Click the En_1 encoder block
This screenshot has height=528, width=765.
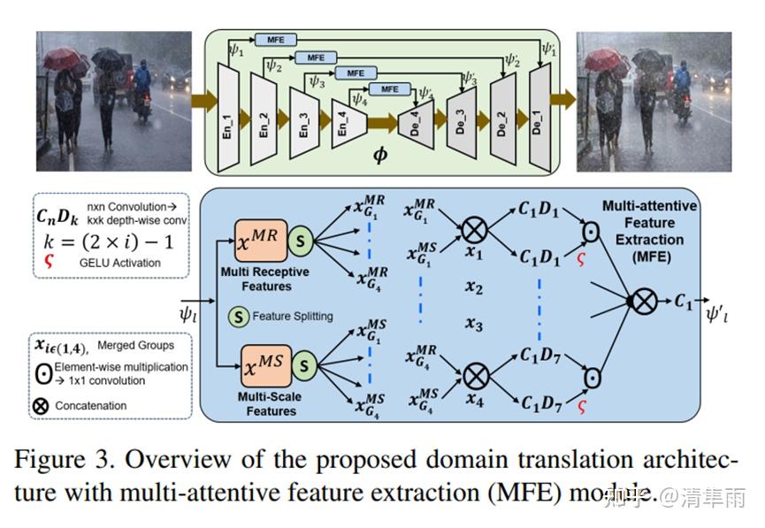point(227,119)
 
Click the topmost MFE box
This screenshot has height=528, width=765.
point(276,40)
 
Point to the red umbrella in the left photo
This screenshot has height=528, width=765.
point(62,59)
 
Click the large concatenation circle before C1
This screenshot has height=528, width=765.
point(644,302)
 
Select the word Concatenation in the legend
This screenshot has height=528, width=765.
point(90,406)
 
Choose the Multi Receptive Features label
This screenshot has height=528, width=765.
point(266,279)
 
